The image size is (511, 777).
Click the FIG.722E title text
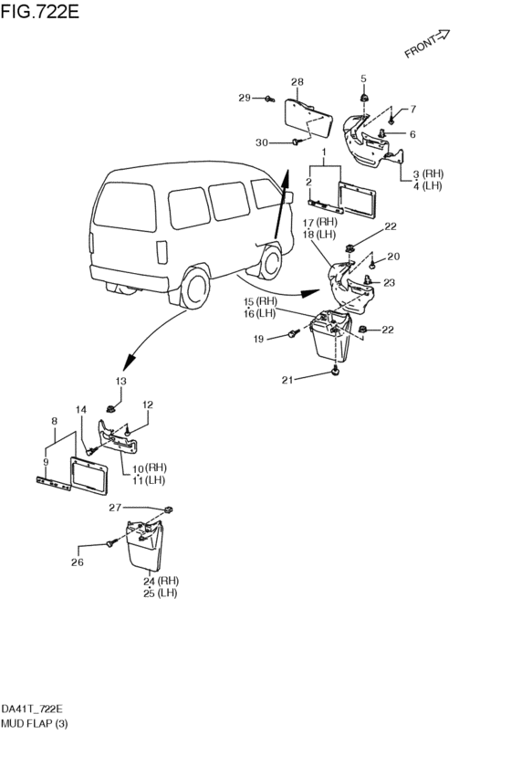(x=39, y=11)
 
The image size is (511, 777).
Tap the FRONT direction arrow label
(x=427, y=44)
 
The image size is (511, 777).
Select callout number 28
(x=297, y=82)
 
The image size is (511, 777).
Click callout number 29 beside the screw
(x=245, y=98)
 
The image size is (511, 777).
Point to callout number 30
(x=262, y=142)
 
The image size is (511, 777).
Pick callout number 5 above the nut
(x=363, y=79)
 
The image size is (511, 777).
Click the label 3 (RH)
(x=429, y=173)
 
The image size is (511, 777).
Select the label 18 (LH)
(x=318, y=235)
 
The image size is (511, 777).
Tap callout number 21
(x=287, y=380)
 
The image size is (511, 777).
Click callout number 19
(x=258, y=339)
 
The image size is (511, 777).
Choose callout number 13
(x=120, y=381)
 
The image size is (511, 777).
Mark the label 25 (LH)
(x=160, y=593)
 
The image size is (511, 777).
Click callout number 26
(x=78, y=562)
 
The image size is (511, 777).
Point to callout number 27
(x=115, y=508)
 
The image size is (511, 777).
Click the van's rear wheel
(x=194, y=288)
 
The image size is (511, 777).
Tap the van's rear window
(x=125, y=205)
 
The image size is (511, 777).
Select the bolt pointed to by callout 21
(x=336, y=370)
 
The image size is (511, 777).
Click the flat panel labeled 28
(x=308, y=118)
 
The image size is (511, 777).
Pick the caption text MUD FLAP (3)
(x=34, y=723)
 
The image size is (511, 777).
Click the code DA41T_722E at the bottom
(x=32, y=709)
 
